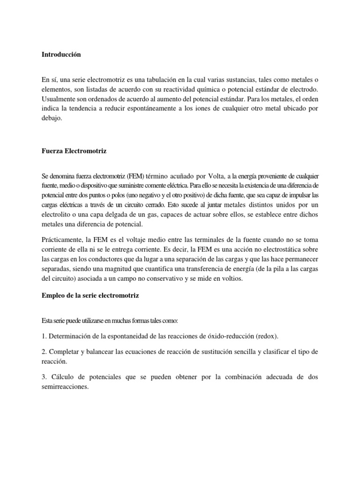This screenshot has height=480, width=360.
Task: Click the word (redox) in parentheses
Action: tap(269, 337)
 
